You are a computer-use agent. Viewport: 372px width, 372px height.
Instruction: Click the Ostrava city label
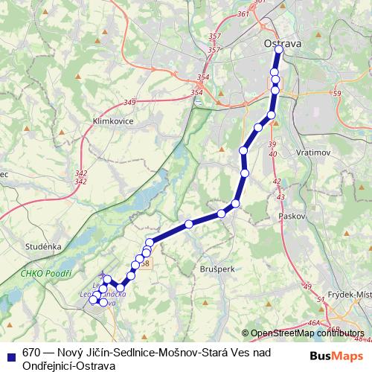click(283, 45)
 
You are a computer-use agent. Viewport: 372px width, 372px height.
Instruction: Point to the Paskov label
click(294, 216)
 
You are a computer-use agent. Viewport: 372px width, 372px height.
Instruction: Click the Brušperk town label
click(217, 268)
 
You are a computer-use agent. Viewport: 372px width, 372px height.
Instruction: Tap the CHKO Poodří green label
click(45, 275)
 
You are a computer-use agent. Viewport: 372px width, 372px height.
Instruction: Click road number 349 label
click(130, 102)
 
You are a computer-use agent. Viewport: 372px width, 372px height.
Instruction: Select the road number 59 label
click(337, 94)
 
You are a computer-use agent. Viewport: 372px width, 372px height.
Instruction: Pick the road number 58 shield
click(144, 263)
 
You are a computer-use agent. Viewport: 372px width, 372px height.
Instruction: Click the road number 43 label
click(280, 196)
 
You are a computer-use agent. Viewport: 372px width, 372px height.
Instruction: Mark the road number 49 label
click(307, 286)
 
